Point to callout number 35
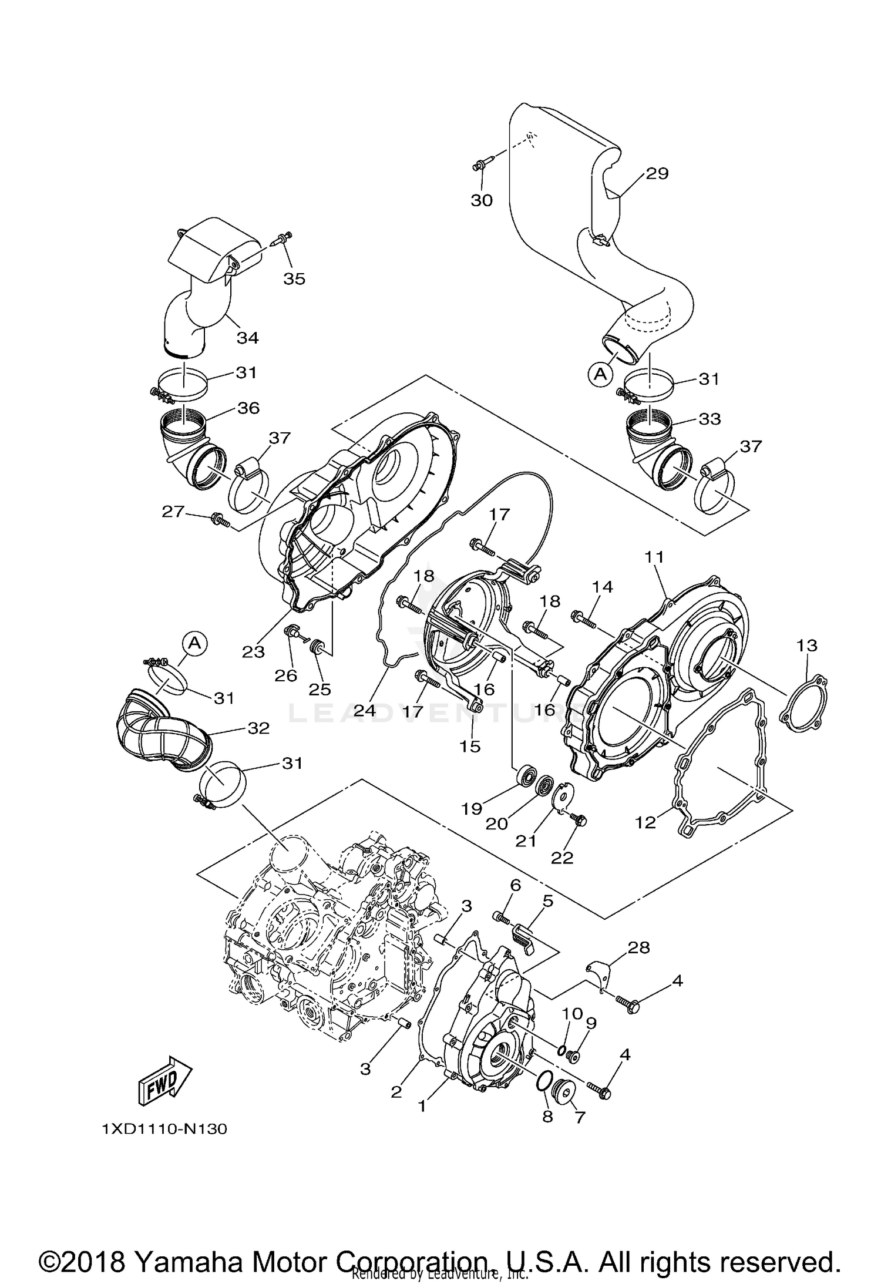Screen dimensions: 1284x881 tap(294, 278)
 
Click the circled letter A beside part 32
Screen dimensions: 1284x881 tap(195, 644)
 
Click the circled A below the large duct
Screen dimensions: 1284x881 tap(600, 374)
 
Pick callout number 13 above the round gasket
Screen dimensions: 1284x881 tap(806, 646)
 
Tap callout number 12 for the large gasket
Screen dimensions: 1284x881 tap(645, 822)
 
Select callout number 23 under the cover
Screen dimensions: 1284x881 tap(254, 651)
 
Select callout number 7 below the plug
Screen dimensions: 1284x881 tap(580, 1117)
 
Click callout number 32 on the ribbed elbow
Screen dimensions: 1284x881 tap(258, 728)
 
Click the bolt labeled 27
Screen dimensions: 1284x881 tap(220, 519)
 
